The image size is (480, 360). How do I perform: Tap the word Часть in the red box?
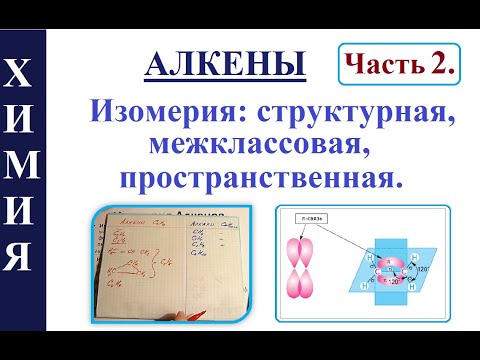tap(376, 66)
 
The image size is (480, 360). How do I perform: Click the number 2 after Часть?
tap(437, 66)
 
